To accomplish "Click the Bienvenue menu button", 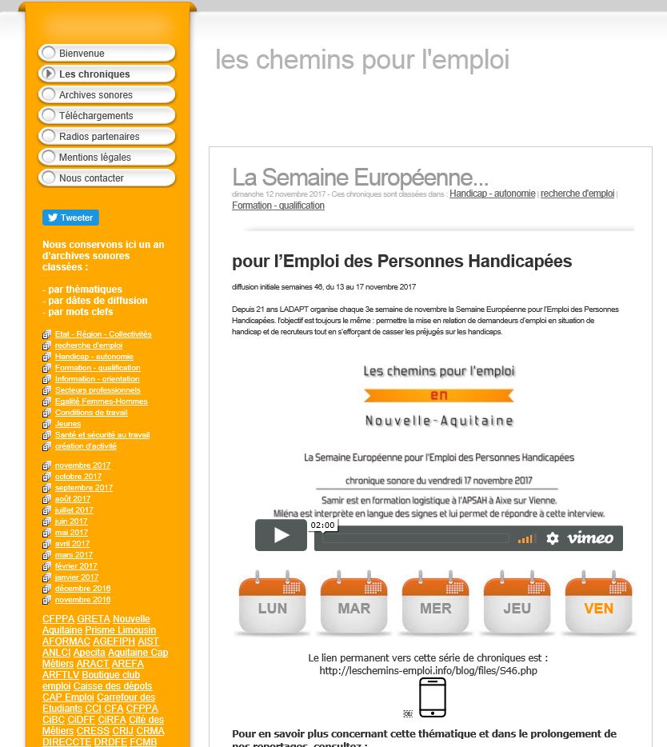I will point(106,54).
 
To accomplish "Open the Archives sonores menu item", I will point(106,95).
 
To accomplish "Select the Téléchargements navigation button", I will point(106,116).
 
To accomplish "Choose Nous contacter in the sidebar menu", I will point(106,178).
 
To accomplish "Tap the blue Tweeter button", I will point(70,218).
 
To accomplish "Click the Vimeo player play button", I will point(281,536).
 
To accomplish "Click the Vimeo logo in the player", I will point(590,538).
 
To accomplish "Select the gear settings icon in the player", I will point(553,539).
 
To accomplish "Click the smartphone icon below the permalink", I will point(433,697).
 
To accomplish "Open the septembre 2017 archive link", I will point(84,488).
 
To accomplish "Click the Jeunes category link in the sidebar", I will point(68,424).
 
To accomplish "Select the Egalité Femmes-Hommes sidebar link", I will point(101,401).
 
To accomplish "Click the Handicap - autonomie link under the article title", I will point(492,194).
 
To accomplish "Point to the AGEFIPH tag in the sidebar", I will point(114,641).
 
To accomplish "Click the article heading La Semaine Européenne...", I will point(360,177).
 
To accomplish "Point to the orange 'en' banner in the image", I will point(438,395).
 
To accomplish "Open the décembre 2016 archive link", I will point(82,589).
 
